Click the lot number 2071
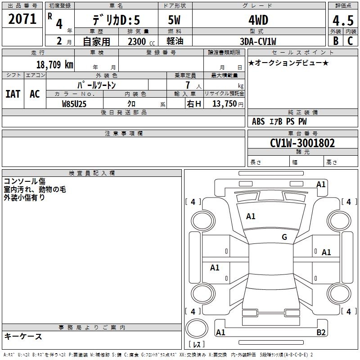coord(22,19)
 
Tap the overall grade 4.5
coord(343,20)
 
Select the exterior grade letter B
coord(336,41)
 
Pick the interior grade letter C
coord(350,41)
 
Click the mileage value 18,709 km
coord(55,64)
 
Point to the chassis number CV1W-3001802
coord(302,143)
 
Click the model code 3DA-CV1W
coord(258,41)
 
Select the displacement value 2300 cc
coord(141,41)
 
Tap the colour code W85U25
coord(74,104)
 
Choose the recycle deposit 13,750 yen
coord(228,104)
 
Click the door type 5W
coord(174,20)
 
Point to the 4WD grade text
coord(258,20)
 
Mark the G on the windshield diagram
coord(284,237)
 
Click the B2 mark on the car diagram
coord(321,332)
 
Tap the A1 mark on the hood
coord(251,216)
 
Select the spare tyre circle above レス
coord(197,328)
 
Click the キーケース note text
coord(23,337)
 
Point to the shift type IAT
coord(13,94)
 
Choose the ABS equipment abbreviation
coord(258,121)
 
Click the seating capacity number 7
coord(188,85)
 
